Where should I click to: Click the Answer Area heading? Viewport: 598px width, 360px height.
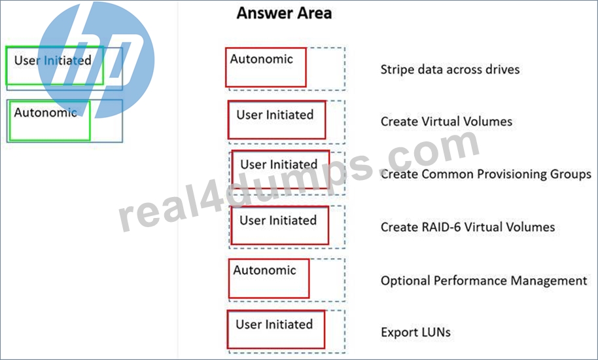(284, 13)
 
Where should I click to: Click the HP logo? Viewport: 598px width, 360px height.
(96, 60)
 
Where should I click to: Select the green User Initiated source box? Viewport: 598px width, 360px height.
(54, 65)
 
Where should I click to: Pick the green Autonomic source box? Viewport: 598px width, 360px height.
(50, 120)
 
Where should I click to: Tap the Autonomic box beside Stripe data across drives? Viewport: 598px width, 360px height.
(266, 67)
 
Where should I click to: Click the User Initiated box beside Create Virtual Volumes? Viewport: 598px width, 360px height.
(277, 120)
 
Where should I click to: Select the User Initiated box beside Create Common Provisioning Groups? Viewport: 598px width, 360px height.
(281, 170)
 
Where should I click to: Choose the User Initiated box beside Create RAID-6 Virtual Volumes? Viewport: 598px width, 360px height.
(280, 225)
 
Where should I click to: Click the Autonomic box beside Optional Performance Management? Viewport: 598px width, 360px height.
(269, 278)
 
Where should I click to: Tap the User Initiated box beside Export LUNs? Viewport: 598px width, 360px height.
(276, 329)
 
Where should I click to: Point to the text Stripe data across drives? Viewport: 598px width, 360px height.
(450, 69)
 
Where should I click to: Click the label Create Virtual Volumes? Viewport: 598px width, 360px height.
(446, 121)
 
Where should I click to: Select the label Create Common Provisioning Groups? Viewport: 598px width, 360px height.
(486, 174)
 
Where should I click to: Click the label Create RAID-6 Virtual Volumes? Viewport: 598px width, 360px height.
(468, 227)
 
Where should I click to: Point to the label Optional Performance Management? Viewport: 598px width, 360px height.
(484, 281)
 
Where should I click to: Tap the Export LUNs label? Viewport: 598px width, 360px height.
(415, 332)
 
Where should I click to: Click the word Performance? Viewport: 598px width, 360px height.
(470, 281)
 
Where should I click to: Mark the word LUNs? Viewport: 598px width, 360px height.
(435, 332)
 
